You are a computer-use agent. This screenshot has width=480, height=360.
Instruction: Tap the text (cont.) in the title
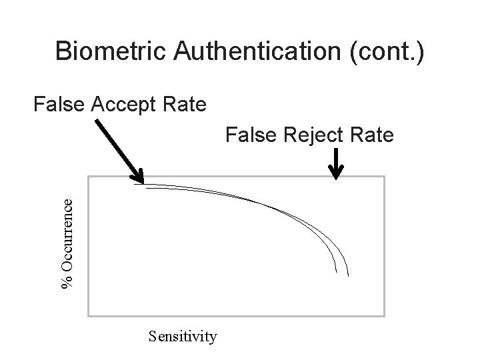pyautogui.click(x=385, y=52)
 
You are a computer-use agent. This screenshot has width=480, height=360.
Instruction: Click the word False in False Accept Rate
pyautogui.click(x=57, y=104)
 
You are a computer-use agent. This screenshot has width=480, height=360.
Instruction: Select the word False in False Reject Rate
pyautogui.click(x=247, y=135)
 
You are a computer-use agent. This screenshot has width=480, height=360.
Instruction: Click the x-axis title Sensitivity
pyautogui.click(x=183, y=336)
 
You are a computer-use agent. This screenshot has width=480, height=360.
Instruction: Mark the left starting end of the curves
pyautogui.click(x=135, y=185)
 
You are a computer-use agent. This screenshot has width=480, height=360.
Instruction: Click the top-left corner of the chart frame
pyautogui.click(x=88, y=177)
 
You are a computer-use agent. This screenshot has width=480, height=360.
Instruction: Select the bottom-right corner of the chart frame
pyautogui.click(x=385, y=315)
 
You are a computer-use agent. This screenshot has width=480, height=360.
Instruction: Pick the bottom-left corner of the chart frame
pyautogui.click(x=88, y=315)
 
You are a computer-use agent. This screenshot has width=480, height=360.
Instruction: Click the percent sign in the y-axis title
pyautogui.click(x=67, y=284)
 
